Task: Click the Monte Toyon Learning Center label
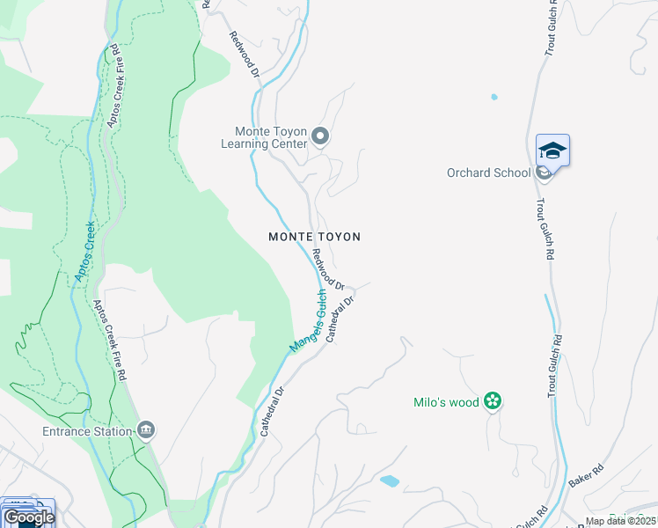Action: tap(263, 137)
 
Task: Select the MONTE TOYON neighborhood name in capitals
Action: tap(314, 237)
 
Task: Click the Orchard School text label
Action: tap(488, 172)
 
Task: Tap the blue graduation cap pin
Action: tap(552, 150)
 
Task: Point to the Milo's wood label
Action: tap(446, 402)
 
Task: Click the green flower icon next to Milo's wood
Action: tap(493, 402)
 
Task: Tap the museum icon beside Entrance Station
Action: tap(146, 430)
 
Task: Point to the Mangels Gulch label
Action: tap(308, 326)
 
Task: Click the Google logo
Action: tap(29, 517)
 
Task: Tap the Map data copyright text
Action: tap(621, 521)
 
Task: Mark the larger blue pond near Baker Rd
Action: tap(388, 481)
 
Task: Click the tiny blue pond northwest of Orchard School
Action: tap(493, 97)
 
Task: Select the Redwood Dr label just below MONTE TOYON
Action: tap(327, 268)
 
